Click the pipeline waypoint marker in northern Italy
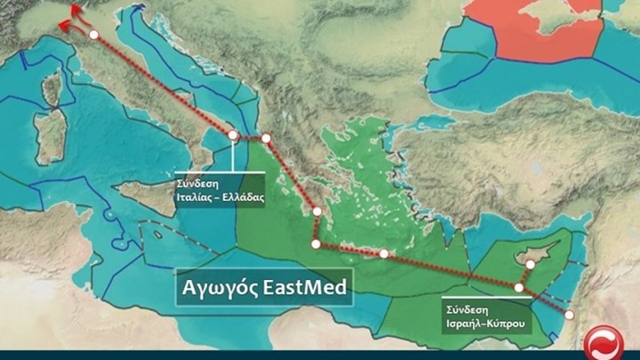[93, 34]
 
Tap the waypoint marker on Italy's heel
[233, 135]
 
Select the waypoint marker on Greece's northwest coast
[266, 138]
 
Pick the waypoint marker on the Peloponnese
[316, 211]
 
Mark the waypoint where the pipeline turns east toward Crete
[316, 243]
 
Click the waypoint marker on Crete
[383, 254]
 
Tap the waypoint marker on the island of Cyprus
[530, 264]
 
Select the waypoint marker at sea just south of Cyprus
[519, 287]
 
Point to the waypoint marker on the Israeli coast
[570, 314]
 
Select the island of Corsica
[54, 90]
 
